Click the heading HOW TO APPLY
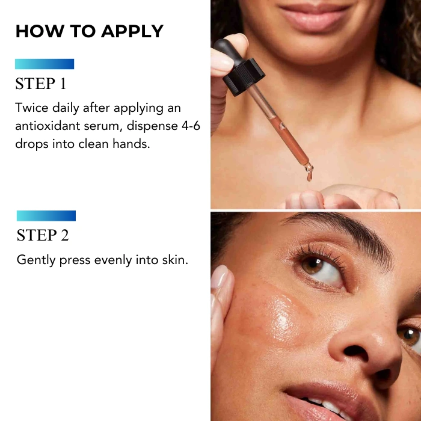point(90,31)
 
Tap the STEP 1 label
point(40,84)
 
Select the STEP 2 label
point(43,235)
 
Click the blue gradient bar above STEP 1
point(45,64)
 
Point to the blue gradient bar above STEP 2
point(46,215)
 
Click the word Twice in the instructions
point(32,108)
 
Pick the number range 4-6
point(191,126)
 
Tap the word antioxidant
point(48,126)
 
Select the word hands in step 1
point(131,144)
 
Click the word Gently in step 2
point(36,260)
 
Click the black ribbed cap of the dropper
point(244,77)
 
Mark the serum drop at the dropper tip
point(309,176)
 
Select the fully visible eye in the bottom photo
point(321,269)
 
